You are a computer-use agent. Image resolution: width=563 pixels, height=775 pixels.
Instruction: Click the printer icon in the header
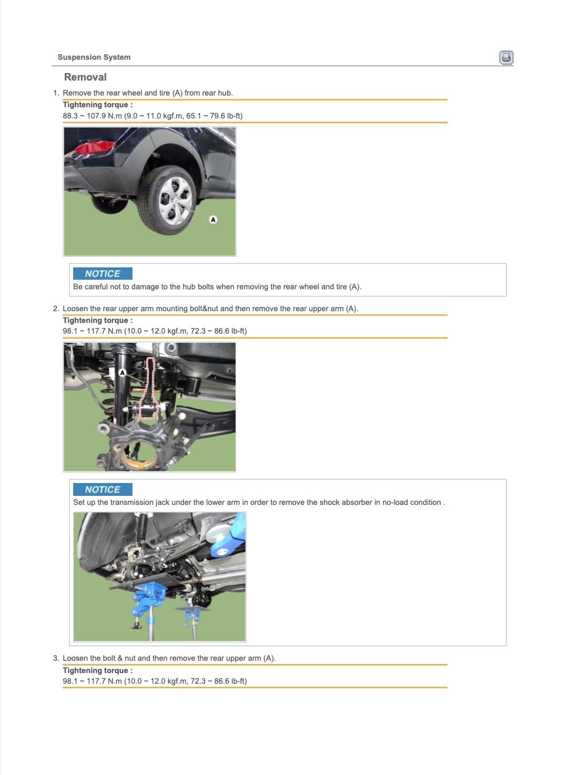pos(506,58)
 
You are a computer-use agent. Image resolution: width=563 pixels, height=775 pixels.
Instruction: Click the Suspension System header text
pos(94,57)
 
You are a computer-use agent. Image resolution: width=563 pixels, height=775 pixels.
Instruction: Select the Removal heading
pos(85,77)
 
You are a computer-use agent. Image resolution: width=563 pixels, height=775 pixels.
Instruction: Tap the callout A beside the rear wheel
pos(213,219)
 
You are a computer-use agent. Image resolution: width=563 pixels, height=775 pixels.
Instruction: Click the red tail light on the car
pos(93,147)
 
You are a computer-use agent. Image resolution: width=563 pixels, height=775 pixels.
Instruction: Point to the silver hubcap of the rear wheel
pos(175,200)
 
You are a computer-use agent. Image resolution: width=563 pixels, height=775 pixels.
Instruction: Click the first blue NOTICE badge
pos(103,273)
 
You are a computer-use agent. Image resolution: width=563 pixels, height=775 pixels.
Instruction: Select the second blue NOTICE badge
pos(103,489)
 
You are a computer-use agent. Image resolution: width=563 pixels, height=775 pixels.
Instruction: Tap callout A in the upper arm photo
pos(122,373)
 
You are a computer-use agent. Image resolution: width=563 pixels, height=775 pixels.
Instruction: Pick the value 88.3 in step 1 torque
pos(71,116)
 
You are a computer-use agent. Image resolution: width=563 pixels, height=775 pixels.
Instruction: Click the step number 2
pos(56,309)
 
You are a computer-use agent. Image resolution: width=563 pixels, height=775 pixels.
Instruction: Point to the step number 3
pos(56,658)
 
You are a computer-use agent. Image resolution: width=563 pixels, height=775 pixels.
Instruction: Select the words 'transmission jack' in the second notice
pos(132,502)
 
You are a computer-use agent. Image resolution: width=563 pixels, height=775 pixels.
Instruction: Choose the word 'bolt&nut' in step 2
pos(204,309)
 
